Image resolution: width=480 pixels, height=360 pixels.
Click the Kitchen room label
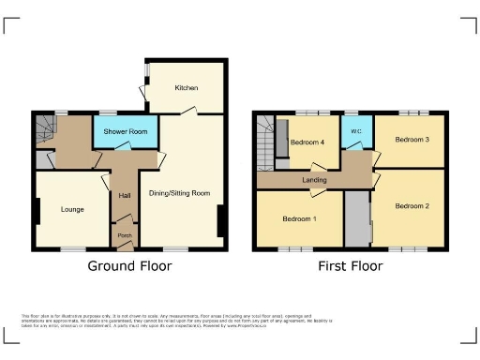tap(186, 88)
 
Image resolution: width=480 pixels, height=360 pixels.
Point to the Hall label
tap(125, 195)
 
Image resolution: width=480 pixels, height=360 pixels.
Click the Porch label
tap(124, 234)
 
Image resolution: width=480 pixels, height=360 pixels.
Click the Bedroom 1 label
tap(301, 218)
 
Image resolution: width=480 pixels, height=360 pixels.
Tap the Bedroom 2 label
tap(412, 205)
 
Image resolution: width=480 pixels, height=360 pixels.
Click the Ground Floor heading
tap(129, 265)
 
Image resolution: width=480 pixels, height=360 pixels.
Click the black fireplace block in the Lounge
tap(37, 213)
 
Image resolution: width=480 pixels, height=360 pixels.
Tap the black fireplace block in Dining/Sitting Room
tap(221, 222)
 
